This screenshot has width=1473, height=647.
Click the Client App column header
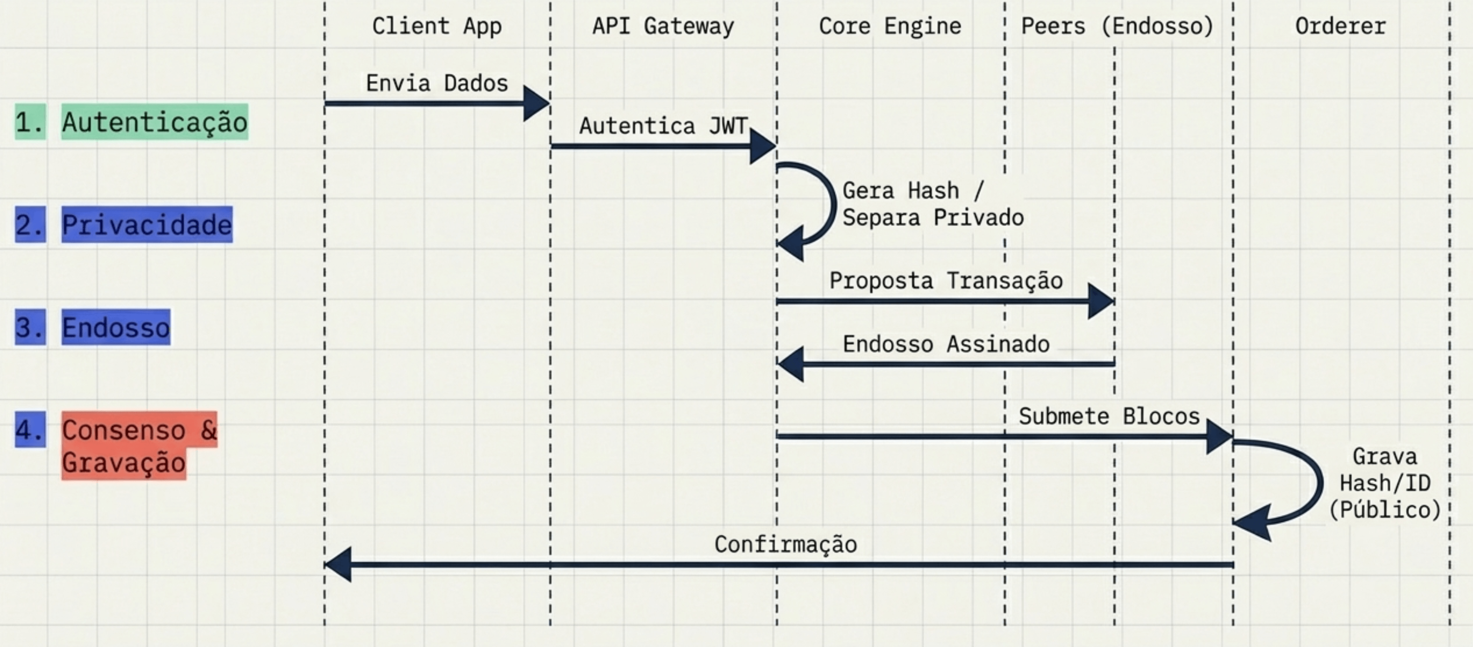[x=437, y=26]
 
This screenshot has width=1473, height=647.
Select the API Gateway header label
[x=663, y=26]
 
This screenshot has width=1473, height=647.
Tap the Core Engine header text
[x=890, y=26]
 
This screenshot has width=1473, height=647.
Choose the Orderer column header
[x=1341, y=26]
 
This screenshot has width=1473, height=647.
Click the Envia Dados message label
[x=437, y=83]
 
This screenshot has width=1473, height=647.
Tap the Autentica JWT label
[x=663, y=126]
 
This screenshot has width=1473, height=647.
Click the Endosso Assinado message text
[x=946, y=344]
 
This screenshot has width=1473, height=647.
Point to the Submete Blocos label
[x=1109, y=416]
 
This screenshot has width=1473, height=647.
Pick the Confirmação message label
[x=786, y=544]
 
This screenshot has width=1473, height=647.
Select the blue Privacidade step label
[x=147, y=224]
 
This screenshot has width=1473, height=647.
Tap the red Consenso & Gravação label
[x=140, y=446]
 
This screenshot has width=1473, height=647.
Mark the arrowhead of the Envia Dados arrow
[x=536, y=103]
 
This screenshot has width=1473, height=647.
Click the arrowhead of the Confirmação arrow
[x=337, y=564]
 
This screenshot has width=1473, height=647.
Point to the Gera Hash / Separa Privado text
[x=933, y=204]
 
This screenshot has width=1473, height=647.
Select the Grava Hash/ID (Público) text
[x=1385, y=484]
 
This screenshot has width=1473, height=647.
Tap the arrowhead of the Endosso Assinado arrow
[x=790, y=363]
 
